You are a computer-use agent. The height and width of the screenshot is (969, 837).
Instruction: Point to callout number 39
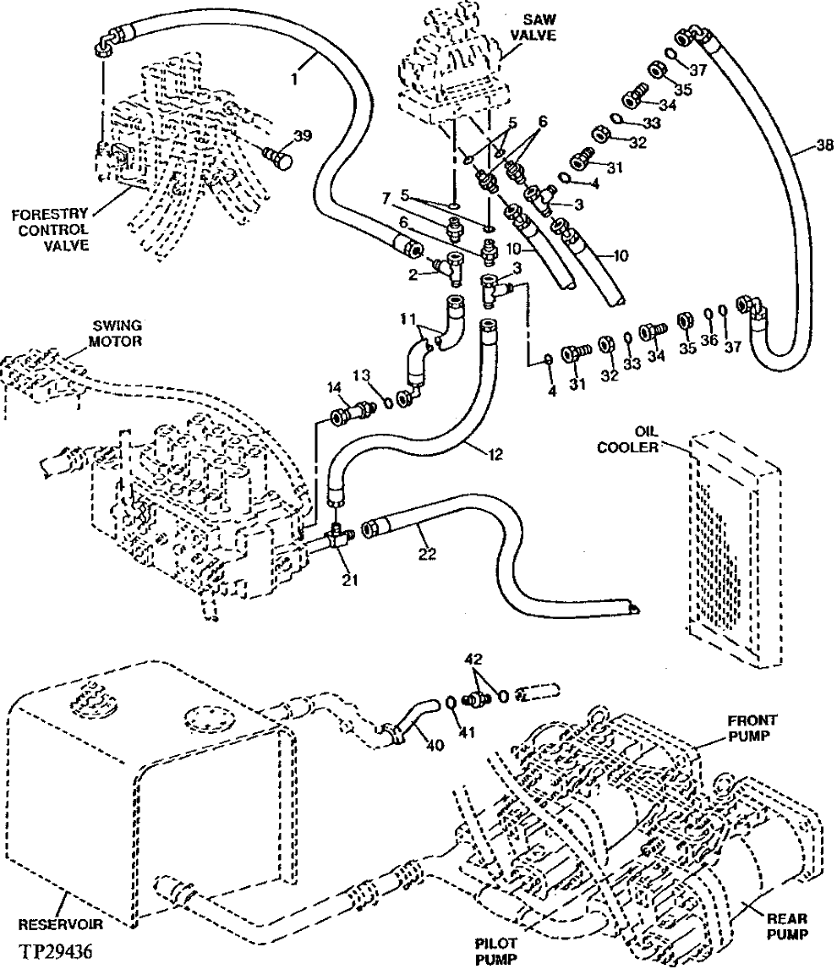pyautogui.click(x=303, y=135)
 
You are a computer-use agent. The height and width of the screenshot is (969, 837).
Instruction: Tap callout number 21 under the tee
pyautogui.click(x=350, y=579)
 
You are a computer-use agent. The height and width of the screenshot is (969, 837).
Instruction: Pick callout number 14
pyautogui.click(x=336, y=387)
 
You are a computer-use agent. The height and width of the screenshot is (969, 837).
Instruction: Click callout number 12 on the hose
pyautogui.click(x=495, y=454)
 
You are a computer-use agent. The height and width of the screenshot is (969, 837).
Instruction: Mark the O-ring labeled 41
pyautogui.click(x=451, y=701)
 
